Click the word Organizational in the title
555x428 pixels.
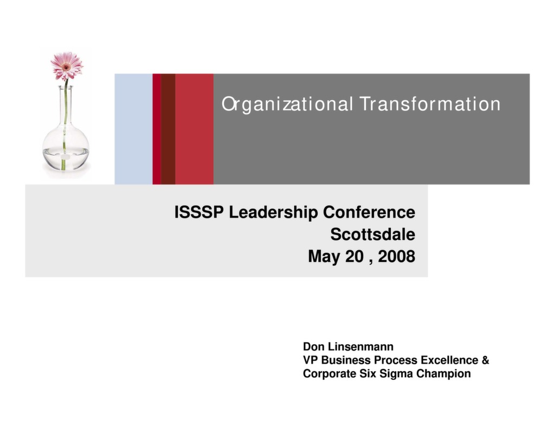pos(287,104)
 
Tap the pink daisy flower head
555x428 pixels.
pos(67,65)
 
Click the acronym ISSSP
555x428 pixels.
pos(199,213)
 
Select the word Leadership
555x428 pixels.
pos(274,213)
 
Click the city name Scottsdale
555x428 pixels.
pos(372,235)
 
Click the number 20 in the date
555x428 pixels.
pos(354,256)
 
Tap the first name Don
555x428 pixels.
pos(313,346)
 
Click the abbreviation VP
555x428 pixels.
pos(311,360)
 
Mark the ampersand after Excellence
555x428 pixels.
pos(485,360)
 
